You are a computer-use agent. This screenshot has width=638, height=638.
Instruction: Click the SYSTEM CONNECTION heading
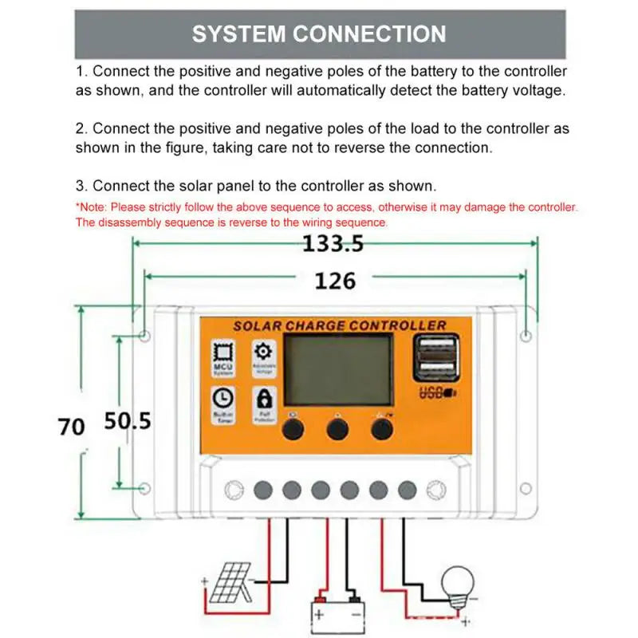point(319,34)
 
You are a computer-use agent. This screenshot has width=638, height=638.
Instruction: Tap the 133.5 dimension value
point(333,244)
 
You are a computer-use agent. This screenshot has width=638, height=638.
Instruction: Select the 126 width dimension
point(334,281)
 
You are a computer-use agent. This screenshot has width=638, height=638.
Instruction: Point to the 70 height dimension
point(71,427)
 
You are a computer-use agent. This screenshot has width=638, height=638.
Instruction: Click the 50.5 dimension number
point(128,421)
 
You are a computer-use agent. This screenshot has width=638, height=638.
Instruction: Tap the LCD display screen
point(339,369)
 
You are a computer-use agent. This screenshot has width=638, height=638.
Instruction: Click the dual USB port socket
point(435,358)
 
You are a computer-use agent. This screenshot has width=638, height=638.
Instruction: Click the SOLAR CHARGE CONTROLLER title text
point(339,325)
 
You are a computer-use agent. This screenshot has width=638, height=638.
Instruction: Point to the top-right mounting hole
point(526,336)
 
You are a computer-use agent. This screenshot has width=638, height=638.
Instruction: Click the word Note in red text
point(93,207)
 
